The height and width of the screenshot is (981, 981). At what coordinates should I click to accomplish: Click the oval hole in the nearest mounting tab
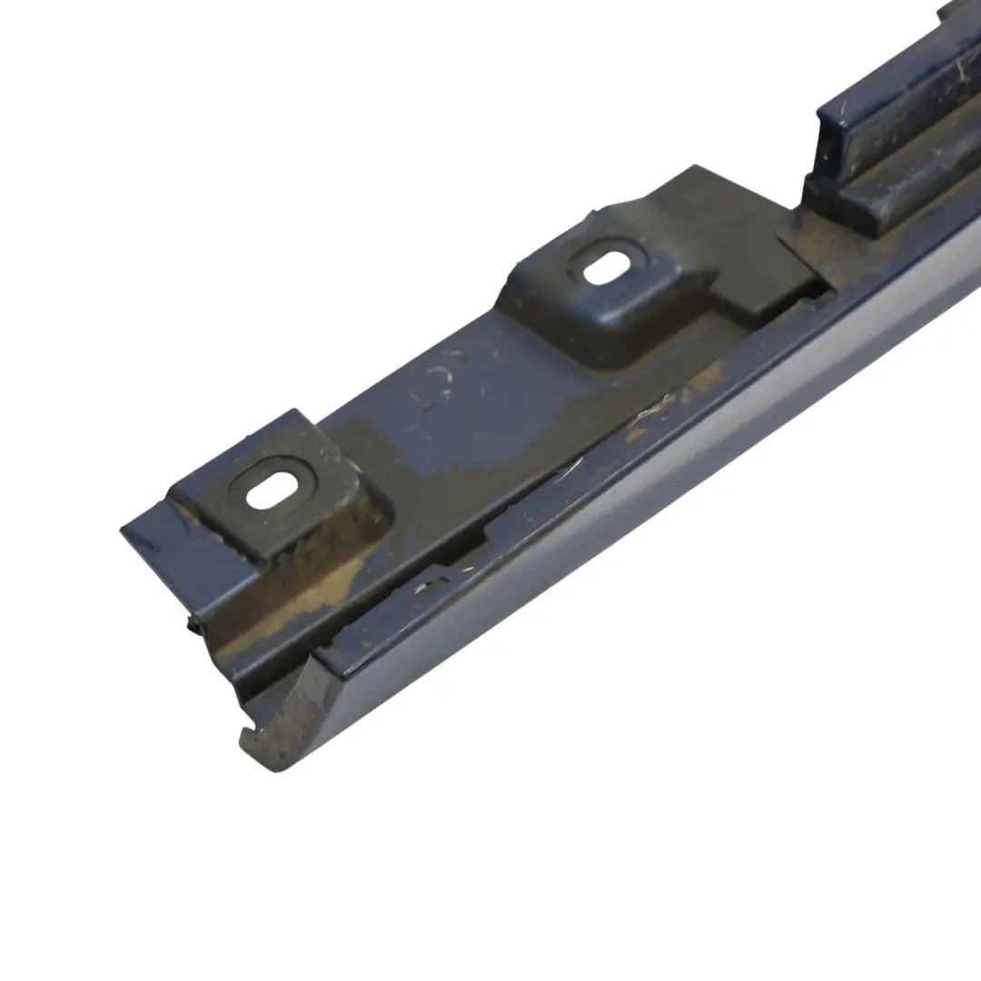(x=265, y=491)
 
